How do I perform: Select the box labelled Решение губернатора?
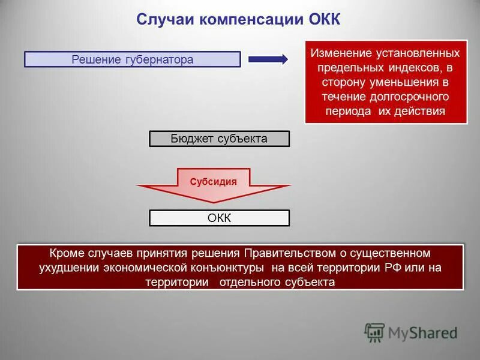coord(132,59)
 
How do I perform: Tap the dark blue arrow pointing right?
coord(268,59)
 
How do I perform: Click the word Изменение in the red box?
coord(338,53)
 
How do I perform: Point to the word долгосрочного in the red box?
coord(410,97)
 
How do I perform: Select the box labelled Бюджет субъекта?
coord(219,139)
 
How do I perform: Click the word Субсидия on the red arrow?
coord(213,181)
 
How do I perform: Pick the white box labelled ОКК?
coord(219,218)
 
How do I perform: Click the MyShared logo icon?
coord(374,332)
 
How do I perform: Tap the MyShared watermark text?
coord(422,332)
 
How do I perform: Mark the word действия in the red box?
coord(422,111)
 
